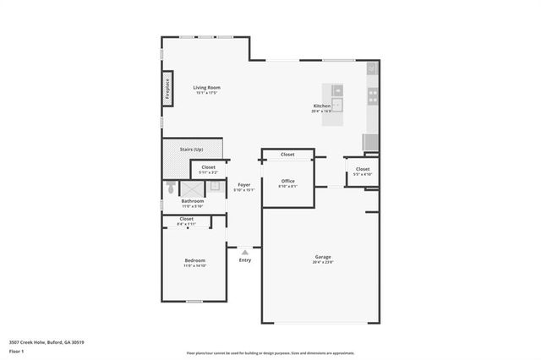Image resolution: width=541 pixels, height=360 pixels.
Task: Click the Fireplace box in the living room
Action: (167, 88)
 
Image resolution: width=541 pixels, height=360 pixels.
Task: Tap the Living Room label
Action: (205, 87)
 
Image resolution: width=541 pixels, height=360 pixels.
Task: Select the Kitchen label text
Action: (322, 106)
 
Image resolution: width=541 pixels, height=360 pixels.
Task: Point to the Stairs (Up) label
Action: (192, 150)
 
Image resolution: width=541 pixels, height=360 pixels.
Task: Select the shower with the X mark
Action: (192, 188)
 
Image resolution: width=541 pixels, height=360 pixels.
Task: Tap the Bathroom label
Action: (192, 201)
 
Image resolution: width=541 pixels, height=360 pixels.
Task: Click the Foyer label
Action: (243, 184)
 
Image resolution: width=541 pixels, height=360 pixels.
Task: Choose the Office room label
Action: (287, 181)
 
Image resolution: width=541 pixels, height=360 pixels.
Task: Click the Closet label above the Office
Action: (287, 155)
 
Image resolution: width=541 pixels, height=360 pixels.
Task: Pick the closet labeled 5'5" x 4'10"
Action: (363, 172)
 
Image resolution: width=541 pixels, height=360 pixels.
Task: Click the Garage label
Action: (322, 257)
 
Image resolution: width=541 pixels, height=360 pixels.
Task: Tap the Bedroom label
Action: (194, 260)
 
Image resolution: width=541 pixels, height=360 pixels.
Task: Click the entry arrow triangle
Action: (244, 251)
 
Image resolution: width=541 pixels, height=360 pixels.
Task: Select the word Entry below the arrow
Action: (244, 259)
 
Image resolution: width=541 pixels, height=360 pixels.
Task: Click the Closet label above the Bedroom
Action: (187, 219)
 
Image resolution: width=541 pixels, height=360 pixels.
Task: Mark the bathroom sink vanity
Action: (214, 186)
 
